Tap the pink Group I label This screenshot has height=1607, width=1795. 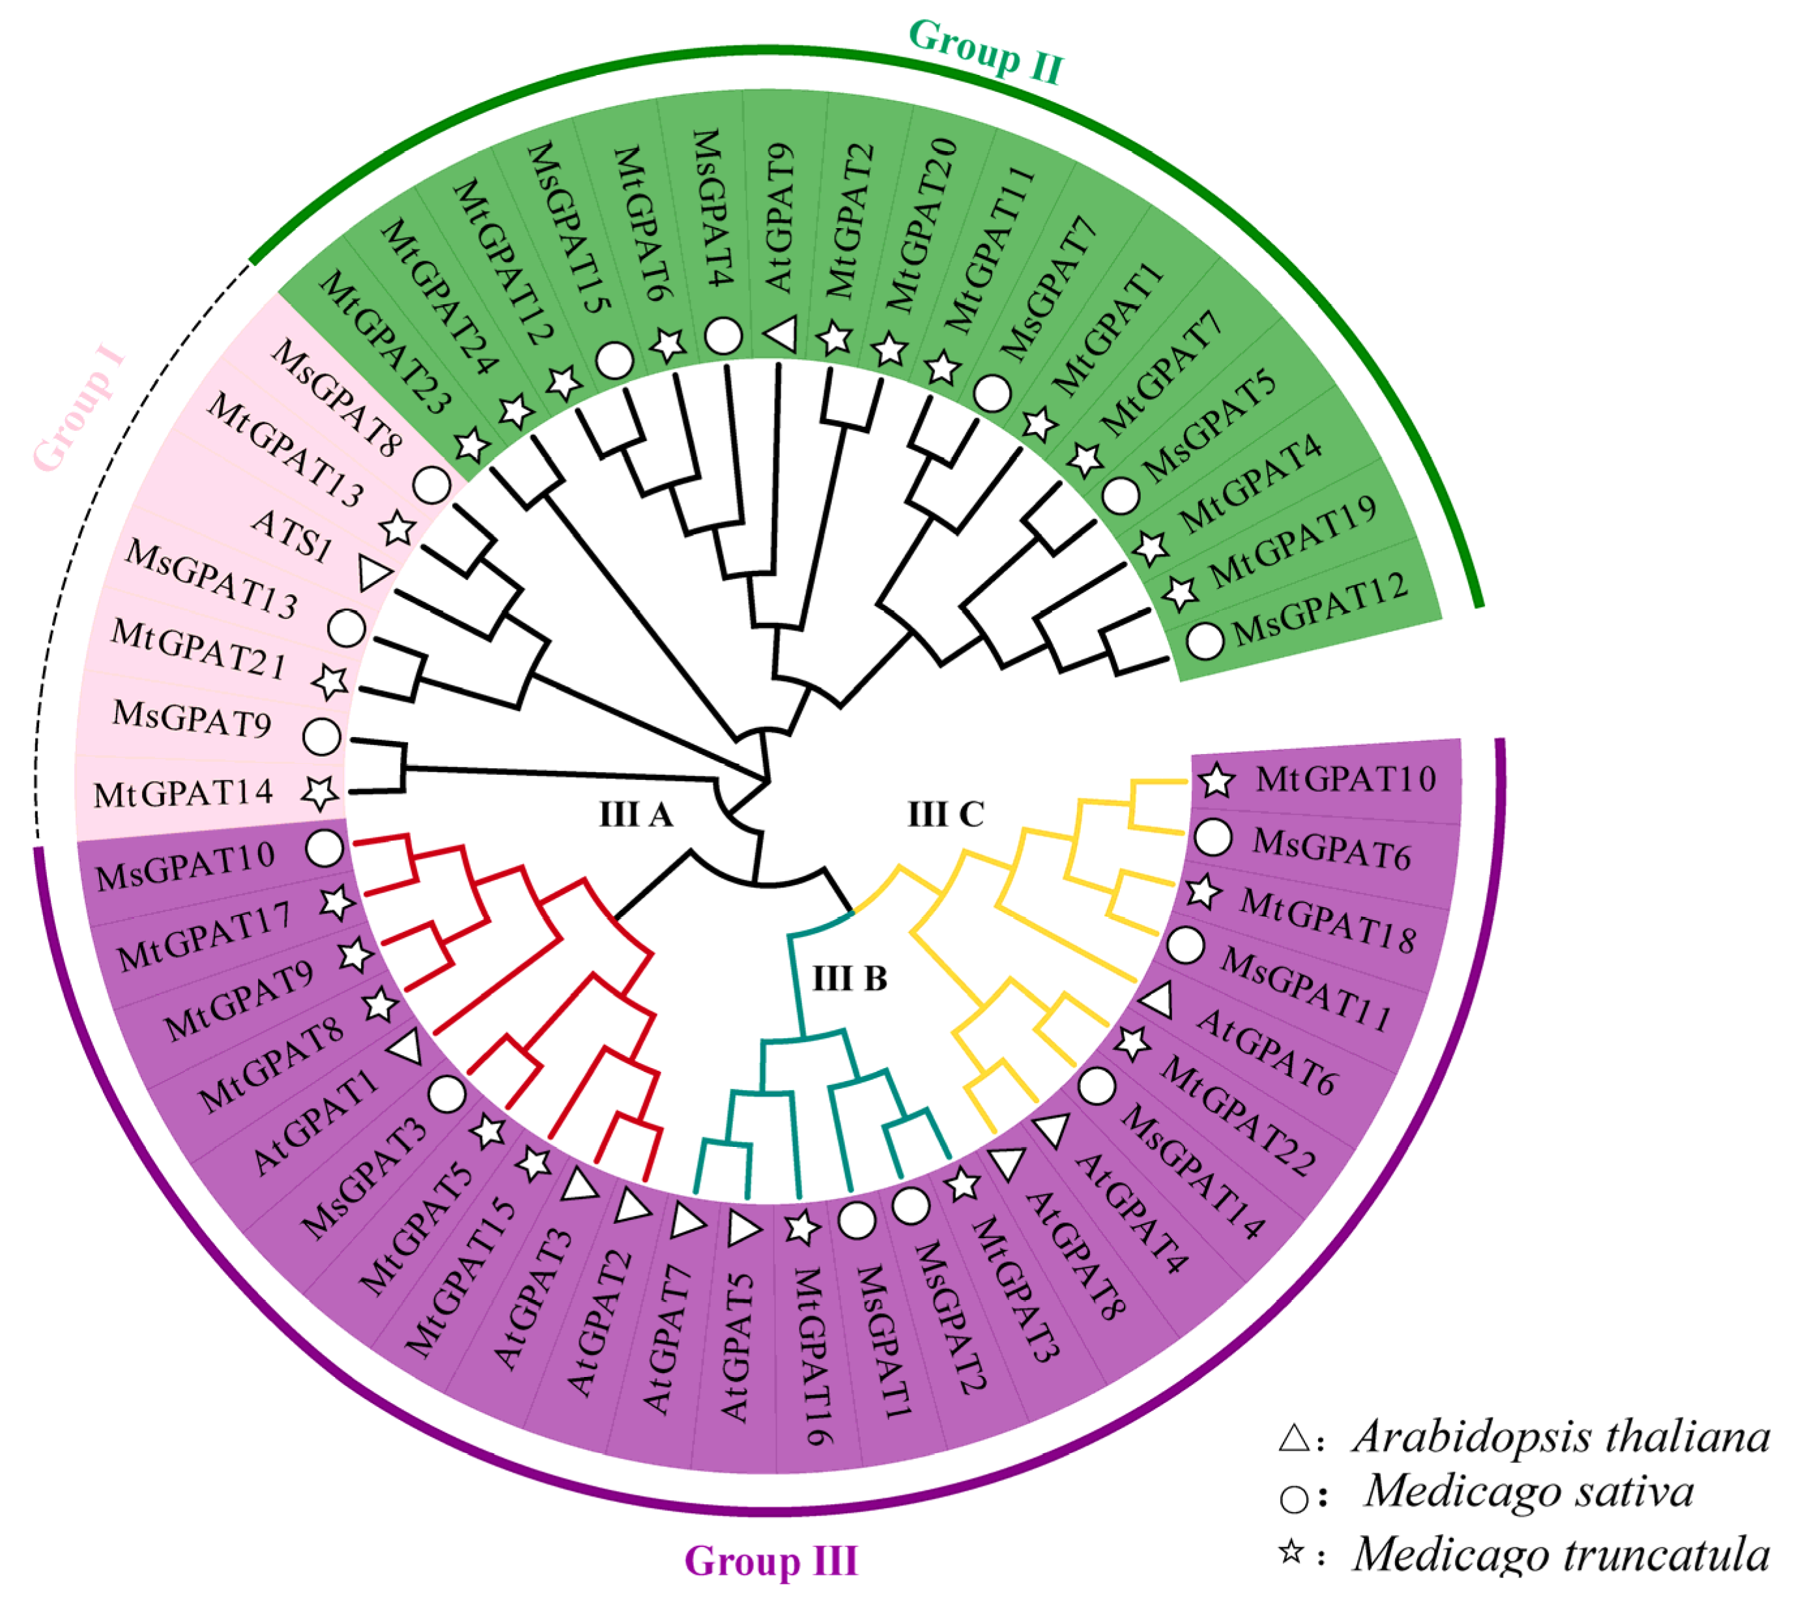pos(79,410)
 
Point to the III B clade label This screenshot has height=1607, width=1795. pos(848,978)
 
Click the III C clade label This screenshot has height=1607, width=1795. pos(945,813)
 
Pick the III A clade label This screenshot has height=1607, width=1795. pos(636,814)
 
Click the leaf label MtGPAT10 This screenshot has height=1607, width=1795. pos(1345,779)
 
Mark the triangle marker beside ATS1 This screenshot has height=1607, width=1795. pos(375,573)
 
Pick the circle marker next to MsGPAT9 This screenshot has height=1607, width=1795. pos(321,736)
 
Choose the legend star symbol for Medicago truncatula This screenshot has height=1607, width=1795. pos(1292,1552)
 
